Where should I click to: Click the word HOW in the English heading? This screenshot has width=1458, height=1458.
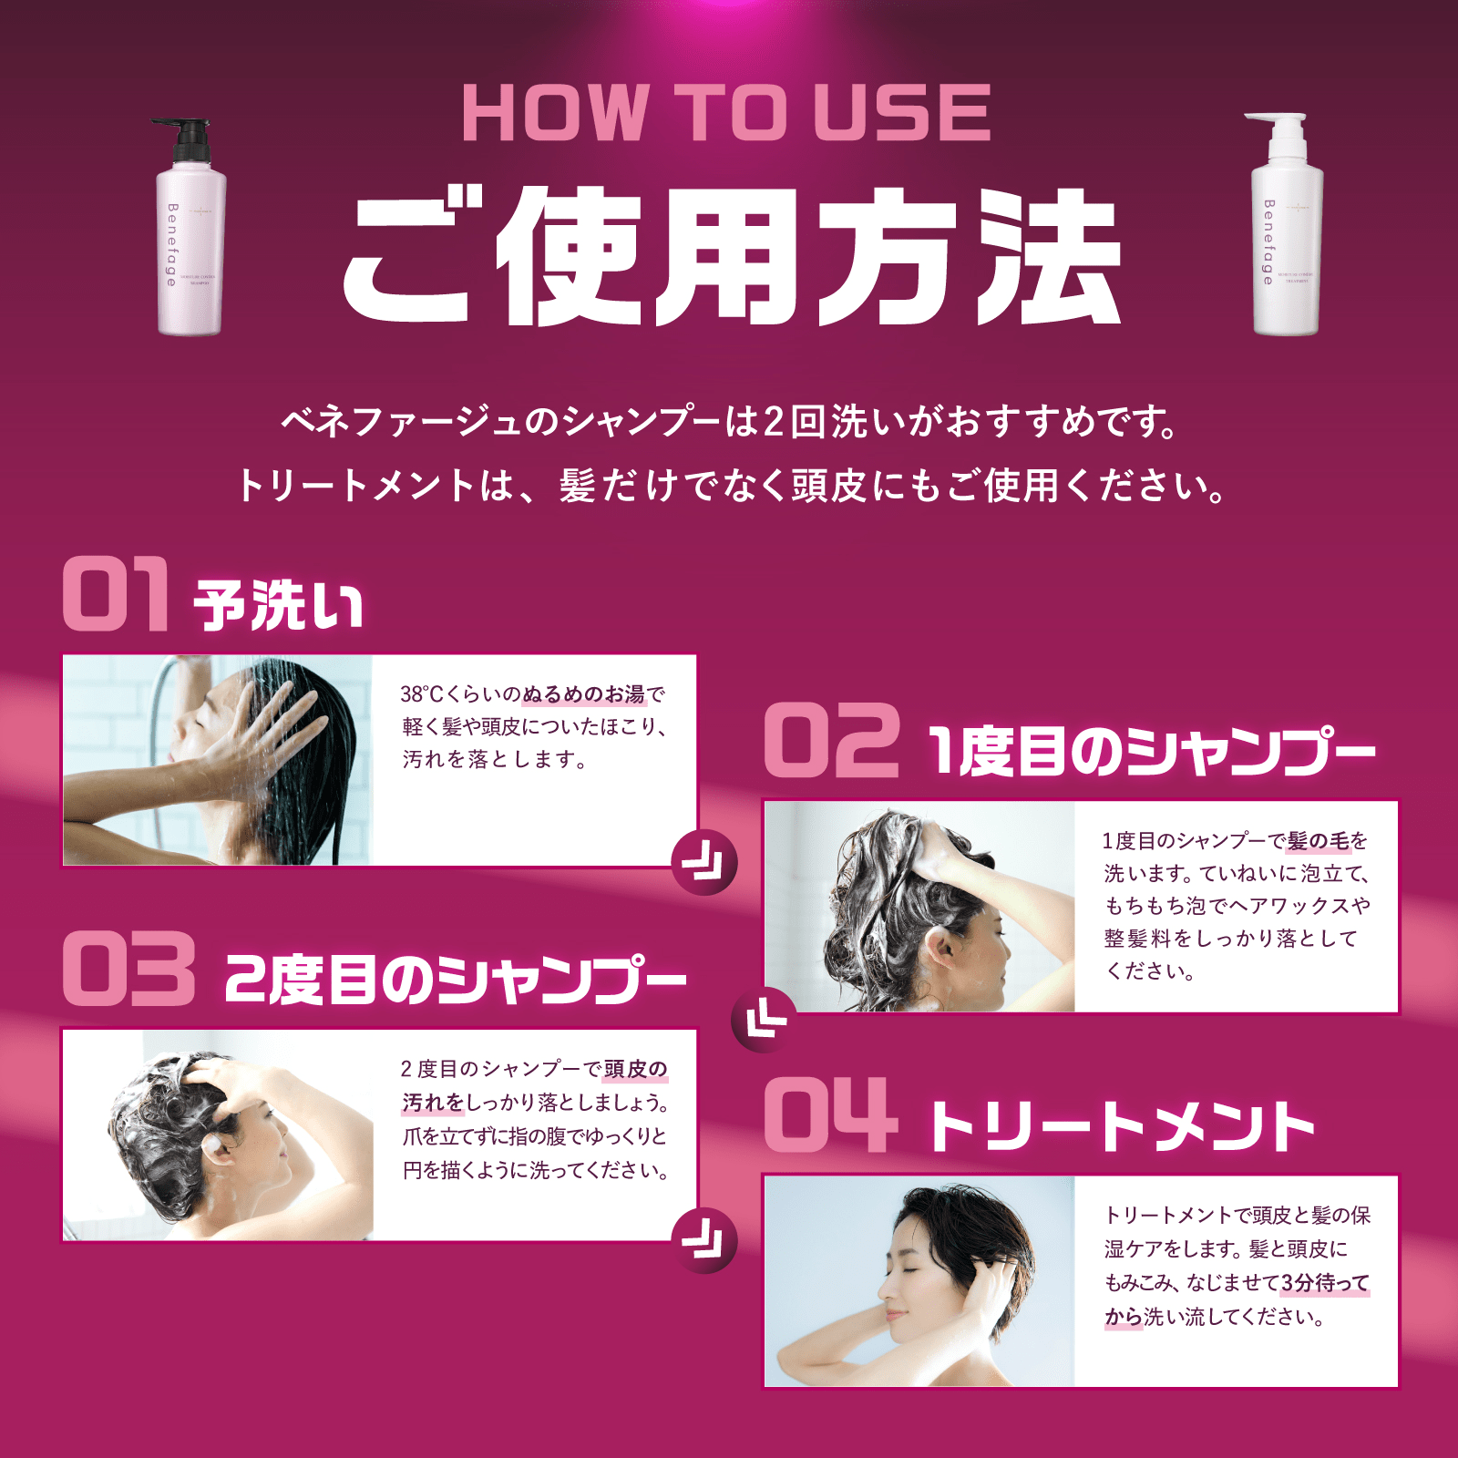pos(556,113)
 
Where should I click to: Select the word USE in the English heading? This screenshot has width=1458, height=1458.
pos(901,113)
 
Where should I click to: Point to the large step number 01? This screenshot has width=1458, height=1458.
pos(117,594)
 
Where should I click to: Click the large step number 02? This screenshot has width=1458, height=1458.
pos(831,742)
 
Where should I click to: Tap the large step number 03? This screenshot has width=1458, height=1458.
pos(128,969)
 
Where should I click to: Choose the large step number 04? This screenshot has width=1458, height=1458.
pos(826,1114)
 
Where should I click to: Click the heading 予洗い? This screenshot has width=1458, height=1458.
pos(278,605)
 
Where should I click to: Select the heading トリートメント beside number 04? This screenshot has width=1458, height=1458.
pos(1121,1127)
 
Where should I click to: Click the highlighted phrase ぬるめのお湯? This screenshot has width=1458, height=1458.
pos(583,694)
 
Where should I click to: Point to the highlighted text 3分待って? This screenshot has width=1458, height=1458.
pos(1325,1282)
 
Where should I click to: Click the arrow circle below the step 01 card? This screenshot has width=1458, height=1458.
pos(703,862)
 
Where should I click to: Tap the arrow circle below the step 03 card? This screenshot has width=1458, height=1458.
pos(703,1239)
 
